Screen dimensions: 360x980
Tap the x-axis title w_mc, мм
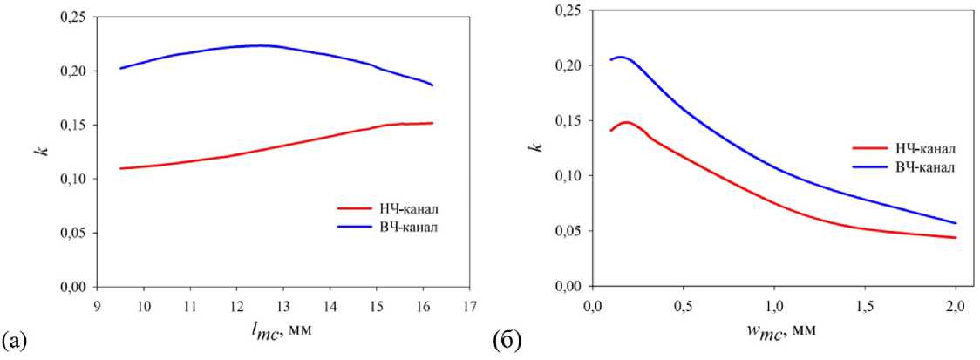pos(772,331)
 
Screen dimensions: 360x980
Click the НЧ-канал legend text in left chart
pos(409,208)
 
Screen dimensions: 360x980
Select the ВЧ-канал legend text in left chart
pos(409,228)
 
